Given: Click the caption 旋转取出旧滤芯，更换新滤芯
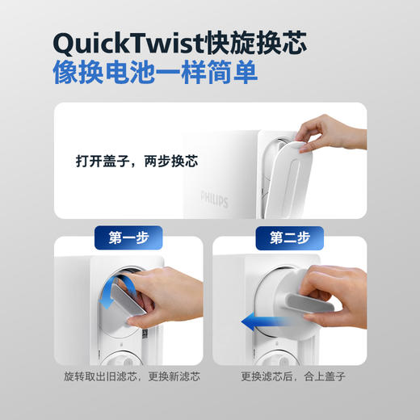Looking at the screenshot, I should pyautogui.click(x=132, y=377).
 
